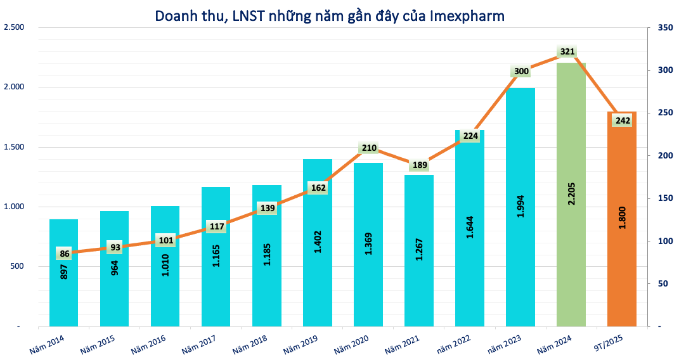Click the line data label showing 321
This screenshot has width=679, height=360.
pyautogui.click(x=567, y=52)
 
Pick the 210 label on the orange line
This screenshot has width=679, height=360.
pyautogui.click(x=369, y=148)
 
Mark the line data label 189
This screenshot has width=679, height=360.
pyautogui.click(x=420, y=165)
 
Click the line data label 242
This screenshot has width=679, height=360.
pyautogui.click(x=621, y=120)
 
